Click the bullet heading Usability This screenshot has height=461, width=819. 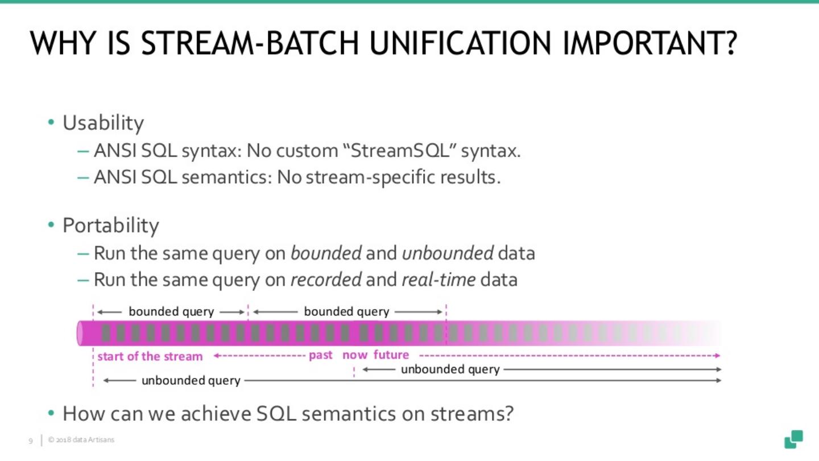(x=103, y=123)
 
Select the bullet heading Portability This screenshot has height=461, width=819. (x=110, y=226)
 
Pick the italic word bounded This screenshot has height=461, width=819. (x=326, y=253)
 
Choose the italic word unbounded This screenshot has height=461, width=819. (x=447, y=253)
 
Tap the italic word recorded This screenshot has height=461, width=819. (x=326, y=280)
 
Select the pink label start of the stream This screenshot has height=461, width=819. (x=150, y=356)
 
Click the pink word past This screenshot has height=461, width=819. (x=321, y=355)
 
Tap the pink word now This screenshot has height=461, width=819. (x=355, y=355)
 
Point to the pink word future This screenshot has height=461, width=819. (x=391, y=355)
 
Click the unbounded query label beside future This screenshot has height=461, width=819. (x=450, y=369)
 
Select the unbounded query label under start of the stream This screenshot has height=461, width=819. (x=191, y=380)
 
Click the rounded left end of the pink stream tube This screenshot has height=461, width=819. (x=81, y=334)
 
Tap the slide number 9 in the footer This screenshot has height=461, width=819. (x=31, y=441)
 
